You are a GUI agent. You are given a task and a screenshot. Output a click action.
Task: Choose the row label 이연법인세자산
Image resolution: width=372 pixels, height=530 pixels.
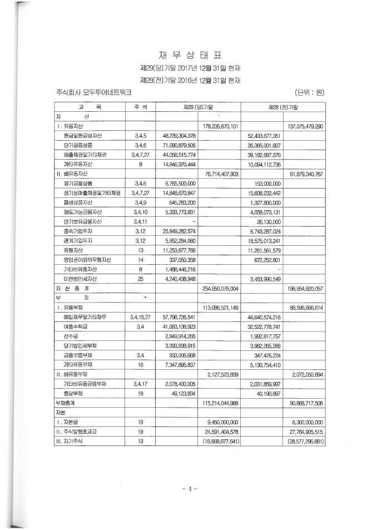85,278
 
